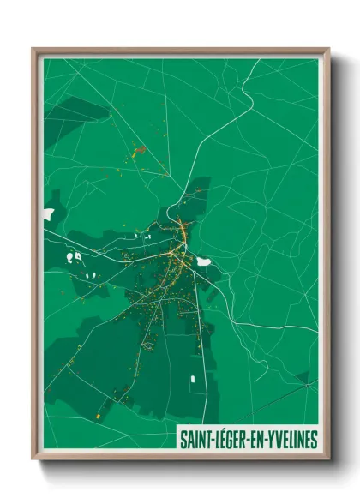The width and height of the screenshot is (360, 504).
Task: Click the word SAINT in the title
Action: coord(195,440)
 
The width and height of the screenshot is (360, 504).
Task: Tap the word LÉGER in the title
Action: coord(229,440)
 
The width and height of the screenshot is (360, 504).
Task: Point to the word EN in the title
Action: coord(255,440)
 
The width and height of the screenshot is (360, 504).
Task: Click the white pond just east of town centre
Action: coord(204,261)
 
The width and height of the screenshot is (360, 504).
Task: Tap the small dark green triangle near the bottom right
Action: coord(302,376)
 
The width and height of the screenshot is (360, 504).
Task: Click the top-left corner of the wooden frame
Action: coord(34,50)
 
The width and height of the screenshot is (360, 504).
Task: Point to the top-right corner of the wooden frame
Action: coord(327,50)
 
